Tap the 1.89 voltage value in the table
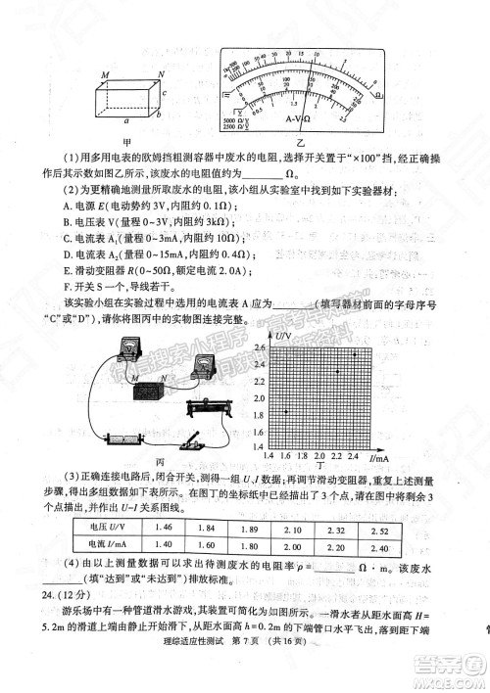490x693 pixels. (x=249, y=528)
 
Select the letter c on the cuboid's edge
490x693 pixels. (x=164, y=94)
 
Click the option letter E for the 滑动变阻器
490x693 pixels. (x=65, y=270)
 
